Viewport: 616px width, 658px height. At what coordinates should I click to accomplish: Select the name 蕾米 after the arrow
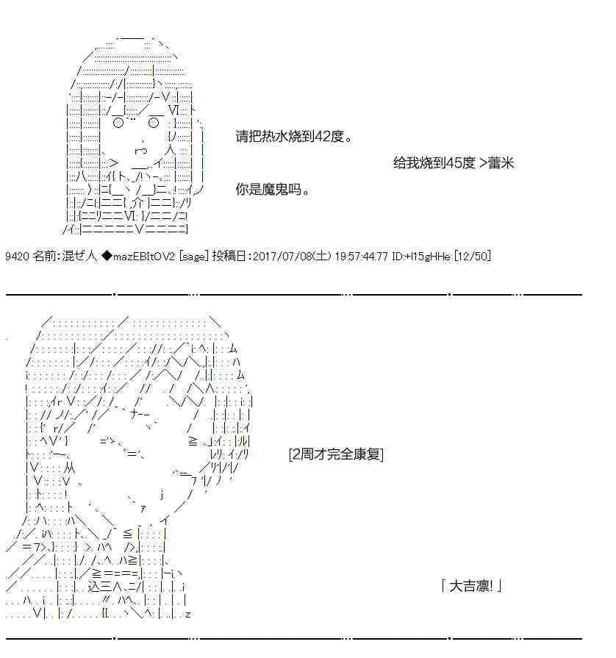coord(501,162)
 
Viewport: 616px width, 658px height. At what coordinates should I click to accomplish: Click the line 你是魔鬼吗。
coord(273,189)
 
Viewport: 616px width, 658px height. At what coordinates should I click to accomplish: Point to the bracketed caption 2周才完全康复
coord(336,454)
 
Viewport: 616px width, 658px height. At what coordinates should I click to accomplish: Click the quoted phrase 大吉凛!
coord(471,586)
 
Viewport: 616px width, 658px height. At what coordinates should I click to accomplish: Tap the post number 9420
coord(17,256)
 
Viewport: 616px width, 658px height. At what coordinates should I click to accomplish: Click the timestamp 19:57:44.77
coord(361,256)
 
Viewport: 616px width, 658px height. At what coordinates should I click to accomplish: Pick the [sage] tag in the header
coord(193,256)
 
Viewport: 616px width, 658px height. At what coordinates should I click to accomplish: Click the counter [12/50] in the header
coord(473,256)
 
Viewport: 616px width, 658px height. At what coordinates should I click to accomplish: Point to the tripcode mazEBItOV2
coord(143,256)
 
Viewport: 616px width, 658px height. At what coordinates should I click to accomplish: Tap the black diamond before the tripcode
coord(107,256)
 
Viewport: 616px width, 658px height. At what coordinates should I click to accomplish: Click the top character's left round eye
coord(118,123)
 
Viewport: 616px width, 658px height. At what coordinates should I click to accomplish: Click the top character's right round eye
coord(154,123)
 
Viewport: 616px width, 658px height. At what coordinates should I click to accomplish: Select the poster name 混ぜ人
coord(79,256)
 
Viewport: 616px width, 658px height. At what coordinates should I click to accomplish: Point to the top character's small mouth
coord(141,150)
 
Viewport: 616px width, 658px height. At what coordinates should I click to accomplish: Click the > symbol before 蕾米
coord(482,162)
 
